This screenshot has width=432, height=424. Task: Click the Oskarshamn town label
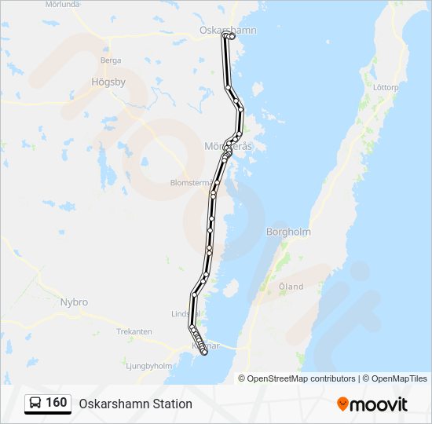tap(217, 30)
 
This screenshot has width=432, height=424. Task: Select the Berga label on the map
tap(110, 60)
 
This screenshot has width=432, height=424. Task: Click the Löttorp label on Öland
tap(386, 87)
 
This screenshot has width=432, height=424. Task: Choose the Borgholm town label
tap(288, 232)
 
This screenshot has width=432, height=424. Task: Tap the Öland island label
tap(291, 287)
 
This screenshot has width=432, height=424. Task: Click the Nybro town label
tap(74, 302)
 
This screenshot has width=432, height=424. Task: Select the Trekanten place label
tap(134, 331)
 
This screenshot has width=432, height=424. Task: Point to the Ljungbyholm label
tap(148, 365)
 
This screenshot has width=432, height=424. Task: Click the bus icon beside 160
tap(36, 403)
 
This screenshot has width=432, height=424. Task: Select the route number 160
tap(57, 403)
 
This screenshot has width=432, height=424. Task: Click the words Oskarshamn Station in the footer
tap(135, 404)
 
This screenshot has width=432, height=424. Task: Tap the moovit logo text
tap(379, 404)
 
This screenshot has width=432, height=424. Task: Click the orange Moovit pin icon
tap(342, 404)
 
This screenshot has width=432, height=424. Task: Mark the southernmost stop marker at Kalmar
tap(204, 353)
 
